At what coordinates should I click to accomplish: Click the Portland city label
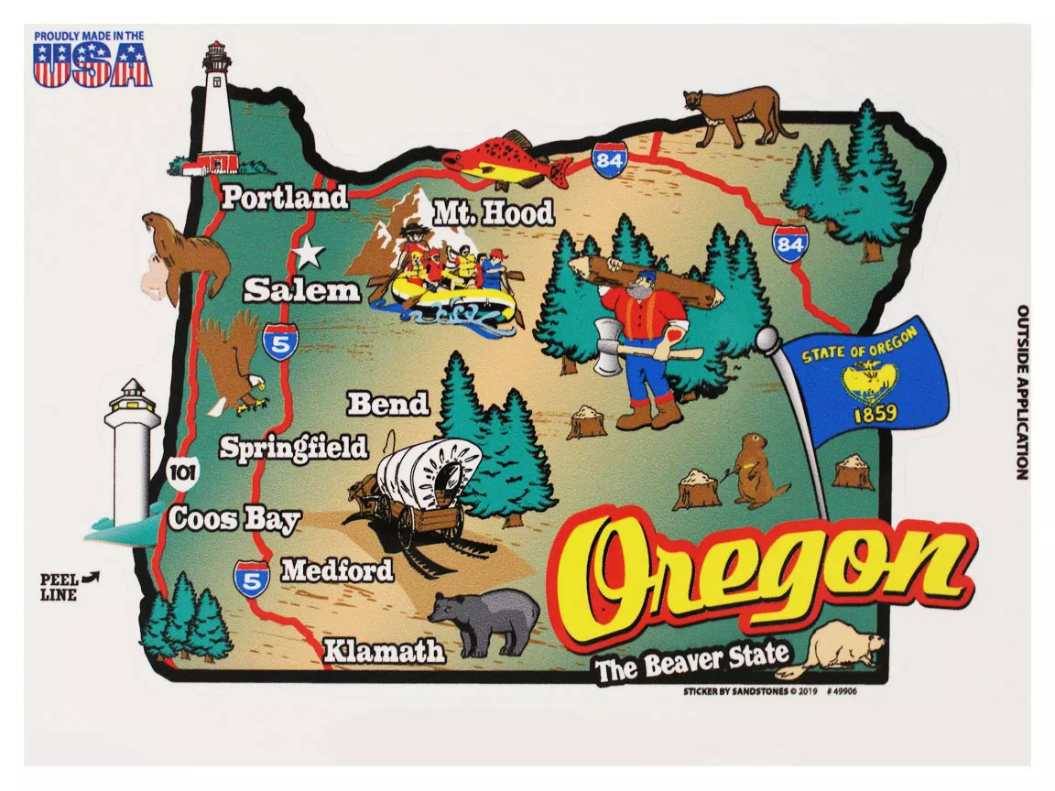point(284,197)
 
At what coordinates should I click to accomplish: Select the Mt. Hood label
point(493,213)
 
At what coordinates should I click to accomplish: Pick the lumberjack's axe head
point(605,347)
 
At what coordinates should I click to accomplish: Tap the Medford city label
point(336,570)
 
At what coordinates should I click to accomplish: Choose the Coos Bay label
point(234,519)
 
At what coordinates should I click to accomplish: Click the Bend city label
point(388,403)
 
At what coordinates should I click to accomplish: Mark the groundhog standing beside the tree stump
point(756,471)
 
